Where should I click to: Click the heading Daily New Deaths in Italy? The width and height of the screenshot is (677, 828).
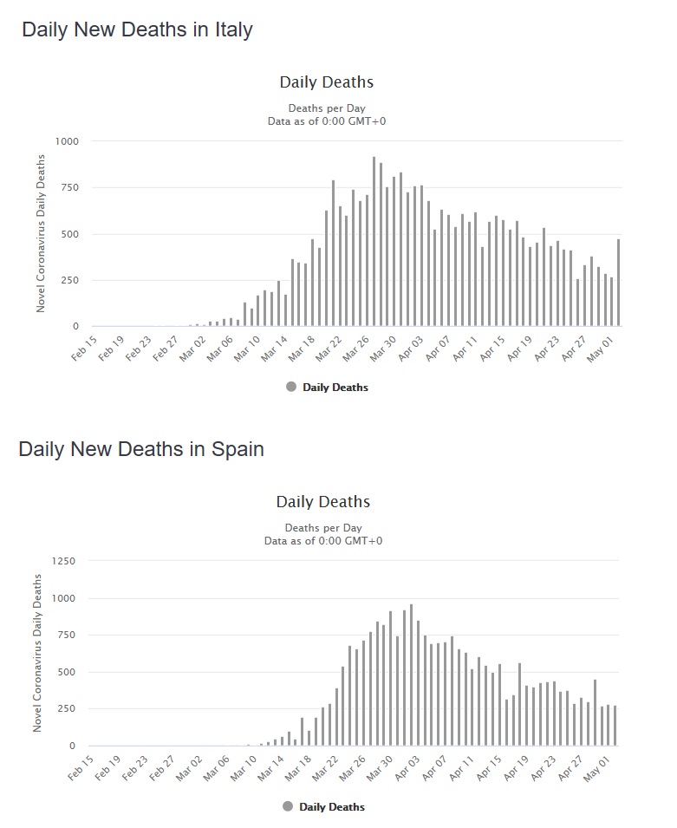(137, 29)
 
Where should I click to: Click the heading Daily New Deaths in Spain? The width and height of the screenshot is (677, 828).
(141, 449)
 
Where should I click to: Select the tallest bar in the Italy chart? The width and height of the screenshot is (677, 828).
(374, 242)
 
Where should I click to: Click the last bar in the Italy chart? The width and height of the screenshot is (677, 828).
(618, 283)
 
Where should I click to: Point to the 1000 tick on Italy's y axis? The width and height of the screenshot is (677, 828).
(67, 141)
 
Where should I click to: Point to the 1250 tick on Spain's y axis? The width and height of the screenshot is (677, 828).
(63, 561)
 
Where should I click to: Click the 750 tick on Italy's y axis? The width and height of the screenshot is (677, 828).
(69, 188)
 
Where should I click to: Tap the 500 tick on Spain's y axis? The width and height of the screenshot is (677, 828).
(67, 672)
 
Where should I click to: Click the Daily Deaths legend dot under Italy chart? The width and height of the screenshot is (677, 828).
(291, 387)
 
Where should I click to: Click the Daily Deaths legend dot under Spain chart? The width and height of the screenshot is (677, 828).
(288, 806)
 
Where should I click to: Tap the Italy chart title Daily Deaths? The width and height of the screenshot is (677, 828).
(326, 82)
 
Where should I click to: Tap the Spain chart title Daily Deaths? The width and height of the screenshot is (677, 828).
(322, 502)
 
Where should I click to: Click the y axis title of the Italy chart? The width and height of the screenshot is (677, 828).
(40, 234)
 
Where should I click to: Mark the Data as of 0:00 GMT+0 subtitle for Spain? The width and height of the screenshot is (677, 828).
(323, 541)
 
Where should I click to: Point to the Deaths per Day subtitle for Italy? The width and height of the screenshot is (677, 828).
(327, 108)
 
